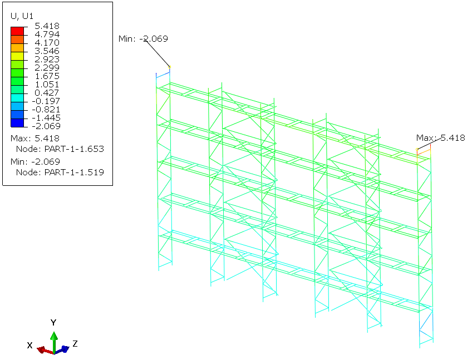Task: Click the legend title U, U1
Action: point(22,16)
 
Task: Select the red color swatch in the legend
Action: point(17,31)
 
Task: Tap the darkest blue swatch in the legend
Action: point(17,123)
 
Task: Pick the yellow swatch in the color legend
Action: point(17,56)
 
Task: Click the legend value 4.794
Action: point(47,34)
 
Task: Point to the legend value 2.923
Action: point(47,60)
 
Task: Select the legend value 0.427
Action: point(47,93)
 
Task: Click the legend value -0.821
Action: point(46,110)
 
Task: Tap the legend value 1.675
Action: point(47,76)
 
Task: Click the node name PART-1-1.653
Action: point(74,149)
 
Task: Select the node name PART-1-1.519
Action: point(74,172)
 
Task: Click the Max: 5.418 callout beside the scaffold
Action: point(441,138)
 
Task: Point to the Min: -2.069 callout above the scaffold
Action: point(143,39)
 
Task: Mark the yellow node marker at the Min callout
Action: point(169,67)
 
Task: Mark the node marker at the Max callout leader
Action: point(417,149)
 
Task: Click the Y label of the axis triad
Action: point(53,323)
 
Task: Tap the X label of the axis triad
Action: point(29,345)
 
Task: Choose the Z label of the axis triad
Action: point(75,343)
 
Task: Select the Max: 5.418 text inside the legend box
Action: point(35,139)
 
